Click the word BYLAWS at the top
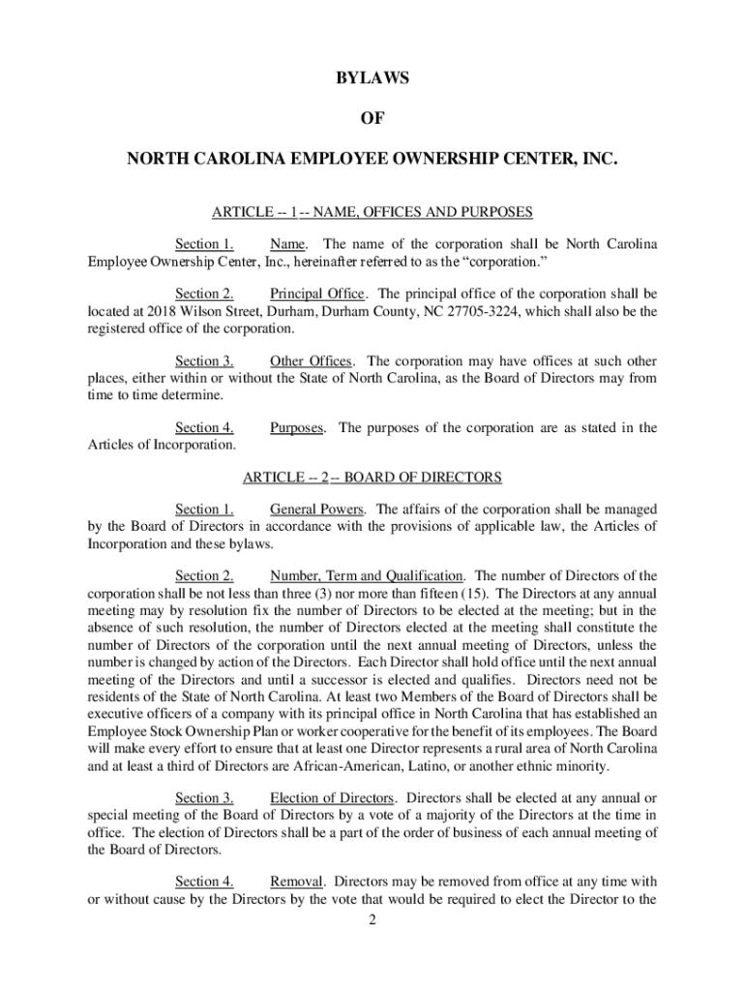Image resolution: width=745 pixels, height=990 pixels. coord(372,79)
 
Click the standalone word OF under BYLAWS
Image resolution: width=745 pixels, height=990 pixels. coord(372,118)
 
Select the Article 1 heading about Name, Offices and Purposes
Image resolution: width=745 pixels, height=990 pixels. coord(372,212)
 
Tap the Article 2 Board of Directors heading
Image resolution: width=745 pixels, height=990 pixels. coord(372,478)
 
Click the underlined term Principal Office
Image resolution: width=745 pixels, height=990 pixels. coord(317,294)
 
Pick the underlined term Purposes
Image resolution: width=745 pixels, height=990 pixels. coord(297,428)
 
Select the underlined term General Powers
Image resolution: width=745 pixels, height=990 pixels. coord(317,510)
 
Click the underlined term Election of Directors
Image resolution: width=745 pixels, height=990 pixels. coord(332,798)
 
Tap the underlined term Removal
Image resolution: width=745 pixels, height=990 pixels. coord(297,882)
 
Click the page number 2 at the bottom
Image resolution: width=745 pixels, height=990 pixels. coord(372,919)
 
